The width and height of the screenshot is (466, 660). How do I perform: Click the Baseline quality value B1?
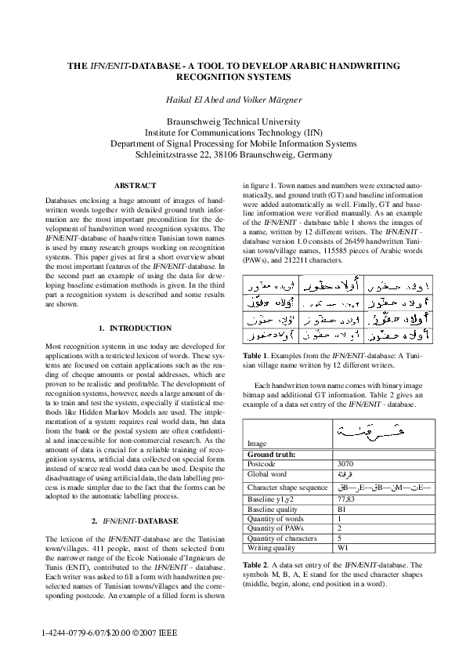342,508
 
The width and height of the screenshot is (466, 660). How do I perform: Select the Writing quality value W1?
343,548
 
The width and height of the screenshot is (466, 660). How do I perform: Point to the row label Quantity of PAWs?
277,528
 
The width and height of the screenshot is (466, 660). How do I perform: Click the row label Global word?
269,475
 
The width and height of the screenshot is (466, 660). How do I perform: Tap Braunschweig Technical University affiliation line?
233,122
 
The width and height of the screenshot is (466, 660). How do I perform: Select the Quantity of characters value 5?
340,538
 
